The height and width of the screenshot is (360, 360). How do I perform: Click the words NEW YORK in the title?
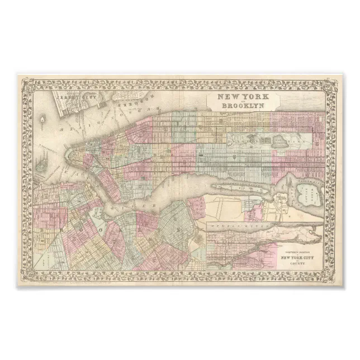click(239, 97)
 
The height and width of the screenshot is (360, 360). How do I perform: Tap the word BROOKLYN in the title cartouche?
click(239, 105)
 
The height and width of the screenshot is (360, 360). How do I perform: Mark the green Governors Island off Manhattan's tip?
click(44, 164)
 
